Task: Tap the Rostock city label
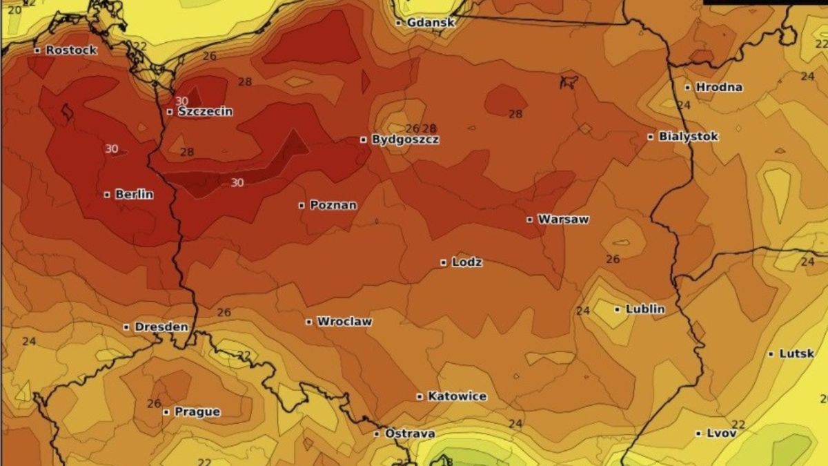pos(71,50)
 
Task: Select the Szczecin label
pos(205,111)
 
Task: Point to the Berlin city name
pos(134,195)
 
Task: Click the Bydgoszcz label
pos(405,139)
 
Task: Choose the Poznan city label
pos(333,205)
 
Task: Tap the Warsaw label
pos(563,220)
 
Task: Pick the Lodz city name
pos(466,262)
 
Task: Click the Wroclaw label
pos(344,322)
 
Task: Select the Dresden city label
pos(161,327)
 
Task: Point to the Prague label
pos(197,412)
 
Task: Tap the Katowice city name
pos(457,396)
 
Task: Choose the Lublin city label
pos(645,309)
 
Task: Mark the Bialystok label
pos(688,137)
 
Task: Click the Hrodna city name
pos(719,87)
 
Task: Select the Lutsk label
pos(796,353)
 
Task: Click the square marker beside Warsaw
pos(530,220)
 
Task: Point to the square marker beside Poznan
pos(302,205)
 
